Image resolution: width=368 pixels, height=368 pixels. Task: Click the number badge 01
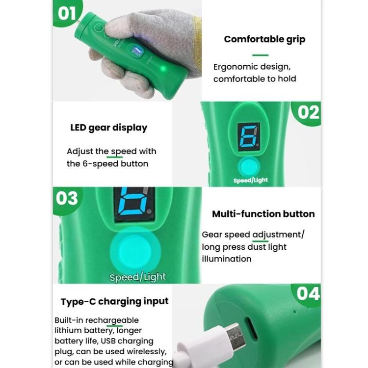67,13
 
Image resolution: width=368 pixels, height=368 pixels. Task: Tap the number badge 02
308,112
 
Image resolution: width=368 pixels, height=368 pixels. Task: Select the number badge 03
67,198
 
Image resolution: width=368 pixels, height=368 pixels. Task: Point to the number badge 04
308,293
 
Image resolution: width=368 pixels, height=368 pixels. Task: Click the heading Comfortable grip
264,39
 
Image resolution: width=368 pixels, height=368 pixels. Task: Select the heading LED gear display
108,128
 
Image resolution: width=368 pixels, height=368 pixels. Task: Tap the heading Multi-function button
263,214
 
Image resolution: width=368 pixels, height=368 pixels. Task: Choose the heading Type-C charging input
114,301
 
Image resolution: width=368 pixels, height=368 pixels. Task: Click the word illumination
226,258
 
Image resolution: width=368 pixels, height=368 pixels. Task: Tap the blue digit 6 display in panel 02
248,136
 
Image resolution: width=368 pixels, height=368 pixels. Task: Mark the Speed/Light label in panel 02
250,180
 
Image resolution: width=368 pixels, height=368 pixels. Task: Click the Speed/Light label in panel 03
137,277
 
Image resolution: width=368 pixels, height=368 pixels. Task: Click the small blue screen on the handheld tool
136,51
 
